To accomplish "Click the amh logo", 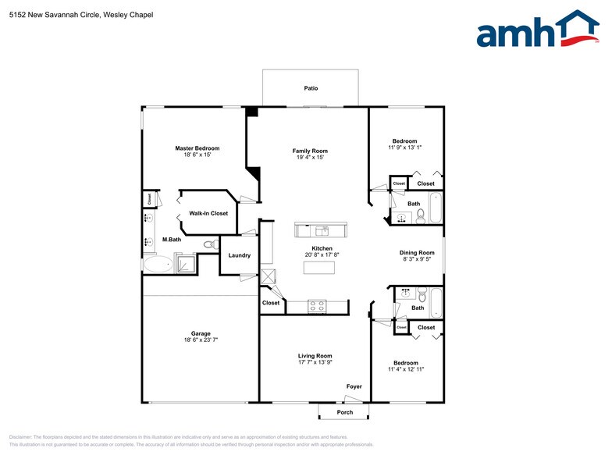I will point(538,30).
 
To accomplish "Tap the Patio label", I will point(311,89).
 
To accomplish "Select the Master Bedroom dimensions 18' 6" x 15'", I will point(197,155).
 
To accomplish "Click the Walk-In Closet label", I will point(208,213).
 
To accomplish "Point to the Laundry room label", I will point(239,255).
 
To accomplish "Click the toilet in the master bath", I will point(209,244).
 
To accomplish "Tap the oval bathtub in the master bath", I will point(157,265).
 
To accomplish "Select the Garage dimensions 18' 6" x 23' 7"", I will point(197,340).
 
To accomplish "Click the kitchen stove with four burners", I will point(317,306).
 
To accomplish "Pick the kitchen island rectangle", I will point(318,268).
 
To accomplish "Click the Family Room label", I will point(310,151).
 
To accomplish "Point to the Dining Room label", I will point(417,253).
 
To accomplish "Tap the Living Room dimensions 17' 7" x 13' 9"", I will point(315,363).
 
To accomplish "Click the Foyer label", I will point(354,386).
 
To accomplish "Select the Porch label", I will point(344,412).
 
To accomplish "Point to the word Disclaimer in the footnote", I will point(23,437).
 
